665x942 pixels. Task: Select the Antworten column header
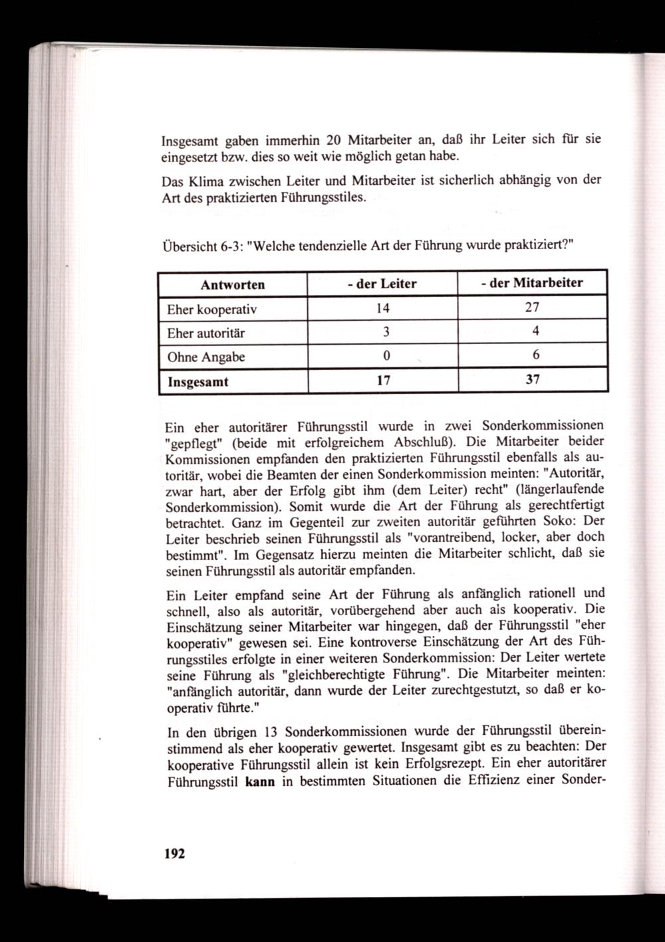(233, 284)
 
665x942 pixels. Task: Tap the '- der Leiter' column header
(382, 284)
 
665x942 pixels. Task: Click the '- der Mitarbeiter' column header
(532, 283)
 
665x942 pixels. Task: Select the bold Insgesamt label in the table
(198, 382)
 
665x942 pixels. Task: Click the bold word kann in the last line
(260, 781)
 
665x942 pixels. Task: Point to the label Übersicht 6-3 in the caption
(201, 247)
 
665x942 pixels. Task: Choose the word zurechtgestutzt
(489, 692)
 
